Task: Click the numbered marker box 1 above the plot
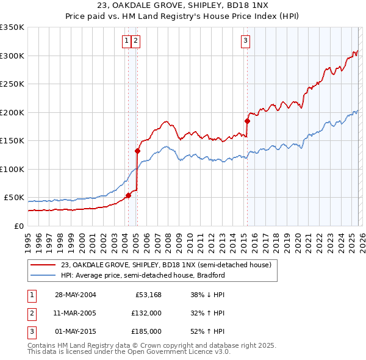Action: pos(126,41)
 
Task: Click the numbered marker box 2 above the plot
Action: pos(135,41)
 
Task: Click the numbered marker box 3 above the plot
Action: pos(245,41)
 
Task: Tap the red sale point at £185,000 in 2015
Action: pos(247,121)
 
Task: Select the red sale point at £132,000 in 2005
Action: pos(138,151)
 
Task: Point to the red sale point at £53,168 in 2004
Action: pos(129,196)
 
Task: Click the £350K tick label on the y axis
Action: pos(12,27)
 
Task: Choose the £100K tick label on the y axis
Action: pos(12,169)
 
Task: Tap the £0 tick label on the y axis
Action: pos(18,226)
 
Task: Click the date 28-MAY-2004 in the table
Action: pos(75,295)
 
